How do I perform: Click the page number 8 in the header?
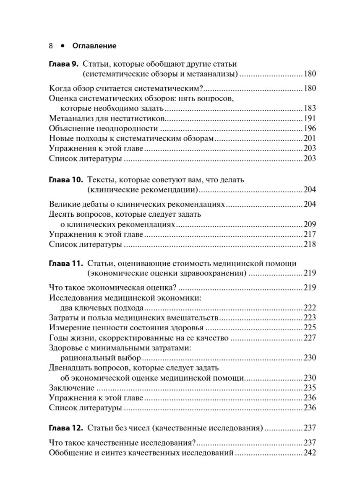[x=51, y=45]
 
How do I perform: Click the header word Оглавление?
[x=94, y=45]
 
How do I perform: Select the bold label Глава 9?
[x=64, y=65]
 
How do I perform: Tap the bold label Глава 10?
[x=66, y=180]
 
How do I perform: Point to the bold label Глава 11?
[x=66, y=264]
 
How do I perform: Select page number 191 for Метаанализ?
[x=310, y=119]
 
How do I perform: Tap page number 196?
[x=310, y=129]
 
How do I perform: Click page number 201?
[x=310, y=139]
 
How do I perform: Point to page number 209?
[x=310, y=224]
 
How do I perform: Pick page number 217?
[x=310, y=234]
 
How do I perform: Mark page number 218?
[x=310, y=244]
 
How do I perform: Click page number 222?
[x=310, y=308]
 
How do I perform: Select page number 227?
[x=310, y=338]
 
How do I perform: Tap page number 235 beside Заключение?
[x=310, y=388]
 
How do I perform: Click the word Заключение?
[x=71, y=388]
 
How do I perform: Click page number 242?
[x=310, y=453]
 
